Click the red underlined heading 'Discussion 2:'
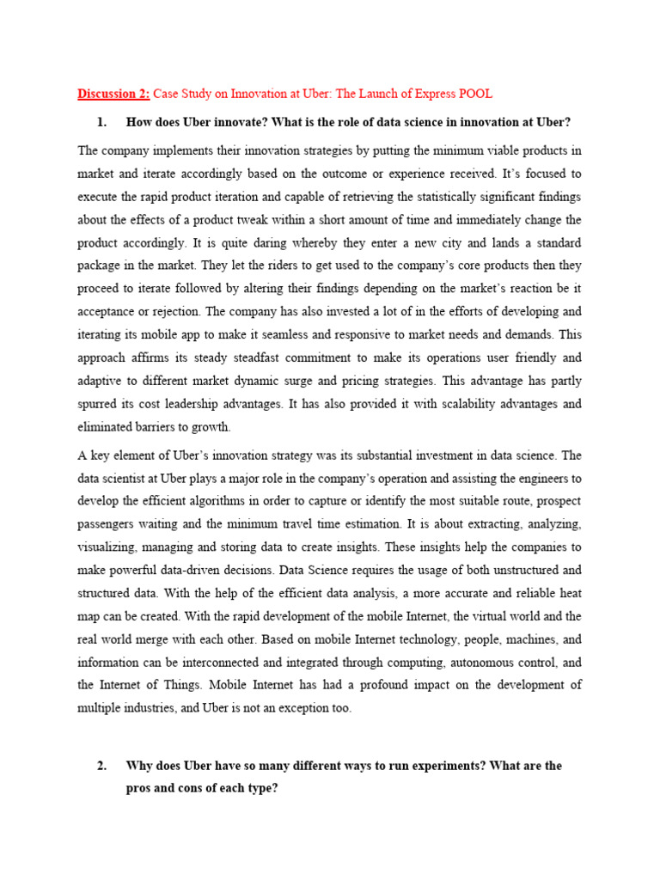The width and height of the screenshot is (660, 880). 113,93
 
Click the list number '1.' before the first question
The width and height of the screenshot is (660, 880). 103,122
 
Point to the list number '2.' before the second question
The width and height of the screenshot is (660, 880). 103,765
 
